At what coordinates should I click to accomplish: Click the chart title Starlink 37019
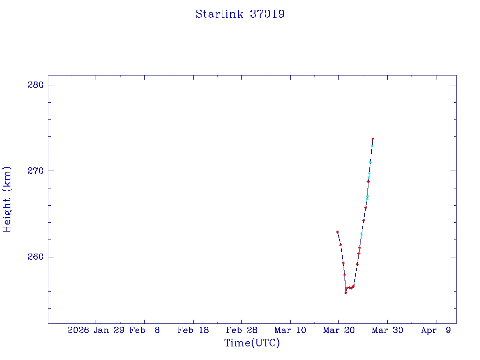[x=240, y=15]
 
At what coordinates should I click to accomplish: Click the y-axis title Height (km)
[x=7, y=199]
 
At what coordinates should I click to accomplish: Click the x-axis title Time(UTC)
[x=252, y=343]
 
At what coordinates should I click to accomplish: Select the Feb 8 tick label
[x=144, y=330]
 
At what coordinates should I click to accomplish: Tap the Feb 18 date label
[x=193, y=330]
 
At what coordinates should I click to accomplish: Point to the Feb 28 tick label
[x=241, y=330]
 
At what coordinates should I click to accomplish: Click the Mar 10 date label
[x=290, y=330]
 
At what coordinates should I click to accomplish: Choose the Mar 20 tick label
[x=338, y=330]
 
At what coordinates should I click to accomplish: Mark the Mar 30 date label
[x=387, y=330]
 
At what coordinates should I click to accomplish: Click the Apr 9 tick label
[x=436, y=330]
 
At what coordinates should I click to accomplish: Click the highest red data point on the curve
[x=373, y=139]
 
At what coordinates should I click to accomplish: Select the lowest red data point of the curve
[x=345, y=292]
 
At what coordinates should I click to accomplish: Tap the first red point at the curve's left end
[x=337, y=232]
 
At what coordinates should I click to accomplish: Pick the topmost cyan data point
[x=372, y=146]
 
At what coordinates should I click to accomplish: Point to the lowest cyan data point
[x=361, y=234]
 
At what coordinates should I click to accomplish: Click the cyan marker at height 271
[x=370, y=162]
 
